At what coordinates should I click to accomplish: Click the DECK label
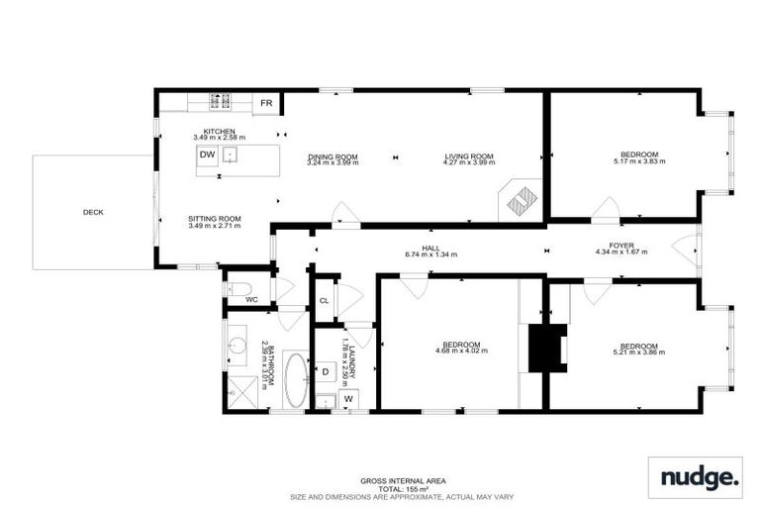93,212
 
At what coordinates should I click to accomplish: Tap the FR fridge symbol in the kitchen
266,103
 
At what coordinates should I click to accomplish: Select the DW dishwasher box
208,155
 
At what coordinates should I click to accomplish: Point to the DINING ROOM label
332,156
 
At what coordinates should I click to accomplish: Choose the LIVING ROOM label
468,156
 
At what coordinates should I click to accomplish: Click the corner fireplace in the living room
521,201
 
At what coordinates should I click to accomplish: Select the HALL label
429,248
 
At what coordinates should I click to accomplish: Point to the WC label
251,298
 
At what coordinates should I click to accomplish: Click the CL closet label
324,301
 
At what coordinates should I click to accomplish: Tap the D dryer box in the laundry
326,371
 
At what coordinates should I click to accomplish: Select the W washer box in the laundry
348,399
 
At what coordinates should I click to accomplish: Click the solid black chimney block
546,348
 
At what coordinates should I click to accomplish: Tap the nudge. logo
695,477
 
